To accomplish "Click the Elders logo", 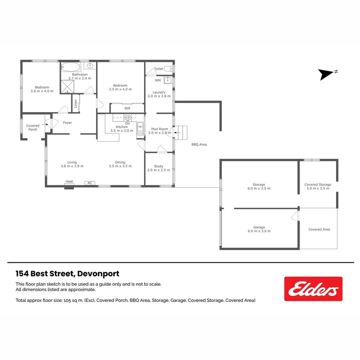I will coord(313,289).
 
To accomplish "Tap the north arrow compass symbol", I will coord(326,74).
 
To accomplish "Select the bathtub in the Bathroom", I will coord(71,66).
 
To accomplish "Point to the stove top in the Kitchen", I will coord(128,117).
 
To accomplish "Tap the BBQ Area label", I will coord(199,144).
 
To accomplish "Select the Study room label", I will coord(159,166).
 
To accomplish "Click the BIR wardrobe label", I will coord(127,108).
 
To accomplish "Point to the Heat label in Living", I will coord(69,181).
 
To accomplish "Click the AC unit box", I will coord(90,183).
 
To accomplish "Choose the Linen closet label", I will coord(76,104).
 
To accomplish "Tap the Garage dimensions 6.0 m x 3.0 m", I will coord(259,231).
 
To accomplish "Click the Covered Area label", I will coord(319,229).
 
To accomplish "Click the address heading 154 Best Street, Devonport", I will coord(67,274).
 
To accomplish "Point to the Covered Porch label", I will coord(33,127).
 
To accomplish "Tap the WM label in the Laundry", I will coord(158,80).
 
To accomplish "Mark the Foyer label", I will coord(67,123).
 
